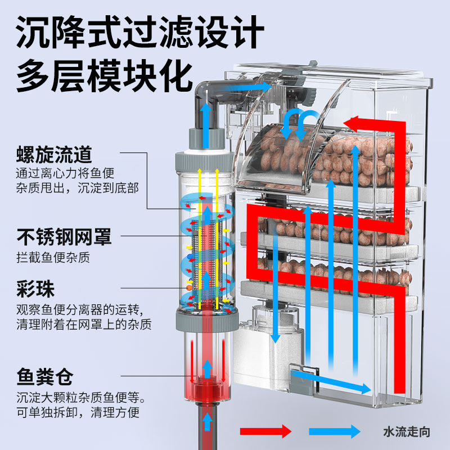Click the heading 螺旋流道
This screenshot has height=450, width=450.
[54, 154]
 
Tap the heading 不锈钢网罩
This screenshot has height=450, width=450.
[64, 237]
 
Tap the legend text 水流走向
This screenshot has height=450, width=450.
[406, 432]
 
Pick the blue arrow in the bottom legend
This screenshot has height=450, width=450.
[334, 431]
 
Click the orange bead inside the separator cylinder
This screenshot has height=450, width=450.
[190, 288]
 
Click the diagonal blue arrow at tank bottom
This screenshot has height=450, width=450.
[332, 380]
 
